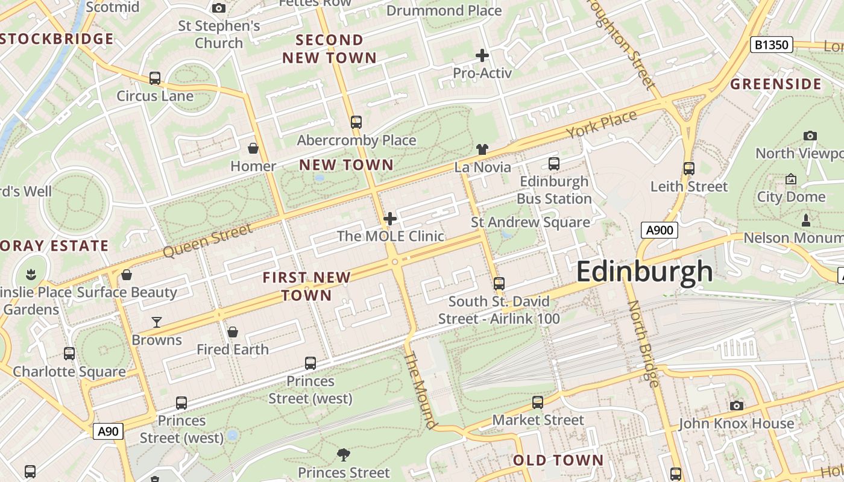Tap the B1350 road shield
tap(771, 45)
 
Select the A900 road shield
tap(659, 230)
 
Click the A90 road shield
tap(109, 431)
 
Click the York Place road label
tap(601, 124)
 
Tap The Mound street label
tap(420, 390)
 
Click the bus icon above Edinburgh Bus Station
tap(553, 163)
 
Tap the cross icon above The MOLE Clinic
tap(390, 218)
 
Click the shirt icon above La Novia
tap(482, 149)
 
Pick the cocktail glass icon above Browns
tap(157, 322)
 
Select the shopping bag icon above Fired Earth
tap(233, 332)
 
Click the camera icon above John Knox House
tap(736, 405)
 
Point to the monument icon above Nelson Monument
tap(805, 219)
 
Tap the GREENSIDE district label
tap(776, 84)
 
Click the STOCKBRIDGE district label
tap(57, 39)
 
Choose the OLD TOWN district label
tap(558, 460)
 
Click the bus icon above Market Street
tap(537, 402)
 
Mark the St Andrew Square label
tap(531, 222)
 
